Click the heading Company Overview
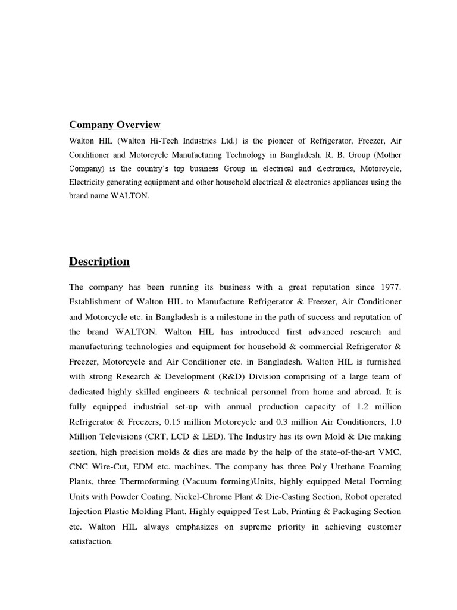click(x=115, y=125)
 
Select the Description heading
click(x=99, y=262)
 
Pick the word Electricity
click(x=87, y=182)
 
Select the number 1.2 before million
click(x=362, y=406)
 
